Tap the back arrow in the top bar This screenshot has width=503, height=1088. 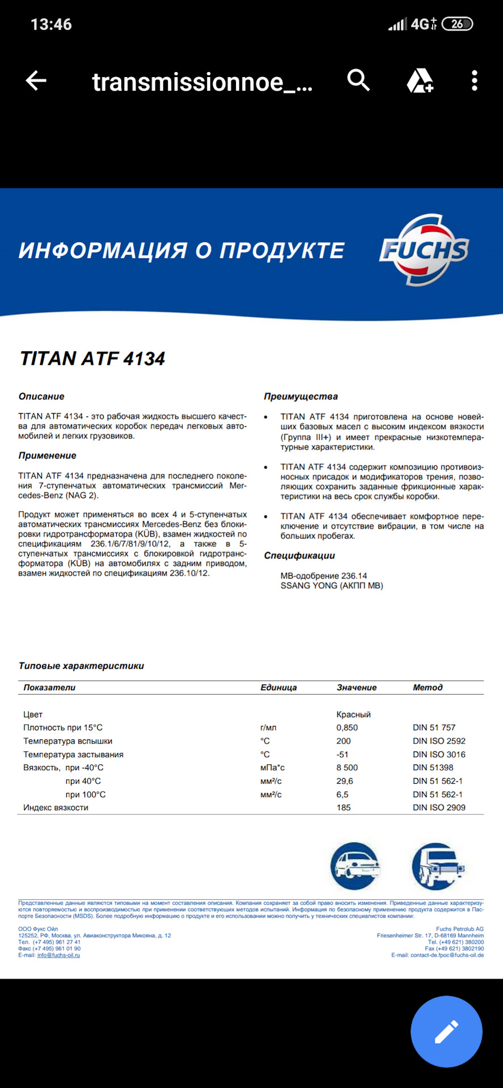coord(36,81)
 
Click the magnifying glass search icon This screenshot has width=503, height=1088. coord(358,81)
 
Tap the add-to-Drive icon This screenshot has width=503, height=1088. coord(420,81)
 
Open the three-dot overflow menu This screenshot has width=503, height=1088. coord(475,81)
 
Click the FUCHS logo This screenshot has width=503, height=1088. coord(424,250)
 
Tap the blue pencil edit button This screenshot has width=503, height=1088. coord(446,1031)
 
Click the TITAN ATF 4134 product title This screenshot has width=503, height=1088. coord(92,359)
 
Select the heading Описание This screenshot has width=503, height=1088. coord(41,397)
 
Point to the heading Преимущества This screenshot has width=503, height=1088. coord(301,397)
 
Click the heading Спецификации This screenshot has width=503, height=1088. coord(299,556)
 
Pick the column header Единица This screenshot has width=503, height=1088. coord(278,687)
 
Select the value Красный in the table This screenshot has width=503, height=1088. coord(353,715)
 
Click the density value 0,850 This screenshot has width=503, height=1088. coord(347,728)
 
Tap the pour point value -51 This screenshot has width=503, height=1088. coord(343,754)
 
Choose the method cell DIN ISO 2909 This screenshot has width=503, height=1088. coord(439,807)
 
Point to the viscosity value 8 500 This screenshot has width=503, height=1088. coord(347,768)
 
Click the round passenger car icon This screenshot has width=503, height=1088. coord(354,865)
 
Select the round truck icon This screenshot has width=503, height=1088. coord(437,865)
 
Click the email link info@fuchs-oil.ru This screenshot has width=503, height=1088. coord(58,955)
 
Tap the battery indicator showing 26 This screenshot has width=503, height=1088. coord(457,24)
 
